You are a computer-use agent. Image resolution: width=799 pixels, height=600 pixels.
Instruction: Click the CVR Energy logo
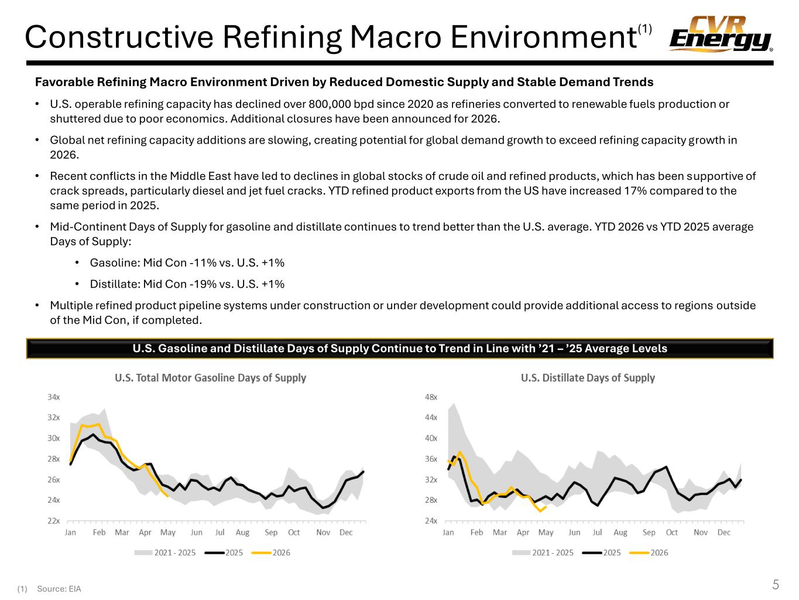721,34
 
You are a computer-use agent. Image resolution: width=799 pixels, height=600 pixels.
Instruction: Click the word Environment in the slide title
544,37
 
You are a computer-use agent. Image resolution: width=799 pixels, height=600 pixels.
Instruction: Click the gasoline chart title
210,378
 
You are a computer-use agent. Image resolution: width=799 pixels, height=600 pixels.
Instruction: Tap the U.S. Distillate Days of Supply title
588,378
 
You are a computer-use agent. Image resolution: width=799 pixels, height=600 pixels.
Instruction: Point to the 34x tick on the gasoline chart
53,397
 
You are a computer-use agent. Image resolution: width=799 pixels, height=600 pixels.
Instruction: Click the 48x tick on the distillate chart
431,397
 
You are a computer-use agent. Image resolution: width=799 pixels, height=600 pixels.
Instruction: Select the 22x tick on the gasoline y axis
53,521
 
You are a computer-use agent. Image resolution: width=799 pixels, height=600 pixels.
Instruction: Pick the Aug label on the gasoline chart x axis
242,533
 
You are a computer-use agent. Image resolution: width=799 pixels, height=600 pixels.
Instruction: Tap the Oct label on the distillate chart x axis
671,533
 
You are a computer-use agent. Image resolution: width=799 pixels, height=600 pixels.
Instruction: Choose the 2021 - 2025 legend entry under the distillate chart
543,553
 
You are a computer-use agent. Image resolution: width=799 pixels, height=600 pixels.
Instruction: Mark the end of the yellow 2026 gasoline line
167,496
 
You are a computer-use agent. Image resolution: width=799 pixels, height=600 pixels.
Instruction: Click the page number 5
776,585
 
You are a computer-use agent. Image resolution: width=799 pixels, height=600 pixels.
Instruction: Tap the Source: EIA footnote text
59,589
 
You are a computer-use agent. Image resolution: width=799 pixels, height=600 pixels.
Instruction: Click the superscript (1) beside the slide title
644,28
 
